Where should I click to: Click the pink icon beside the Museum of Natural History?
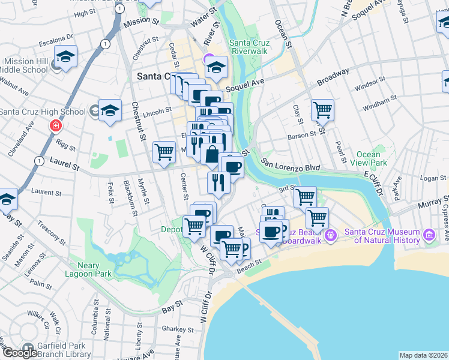(x=429, y=235)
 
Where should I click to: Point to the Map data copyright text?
(x=423, y=355)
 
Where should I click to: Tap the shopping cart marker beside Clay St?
(x=323, y=110)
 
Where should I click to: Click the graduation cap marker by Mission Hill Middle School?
(x=65, y=56)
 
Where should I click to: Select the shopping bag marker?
(x=211, y=155)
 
